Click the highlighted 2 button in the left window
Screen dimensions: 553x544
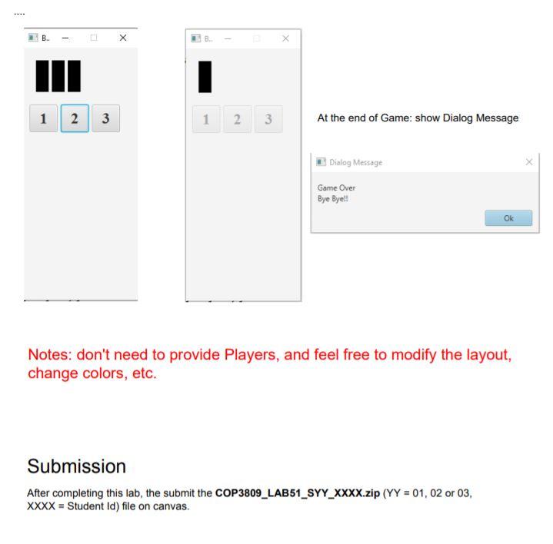[75, 118]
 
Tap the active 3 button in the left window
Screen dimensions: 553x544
[106, 118]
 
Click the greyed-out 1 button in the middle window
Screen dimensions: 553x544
[206, 119]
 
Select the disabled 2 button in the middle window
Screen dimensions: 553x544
[238, 119]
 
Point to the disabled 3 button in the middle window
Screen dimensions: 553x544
[268, 119]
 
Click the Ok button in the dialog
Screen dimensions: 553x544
[508, 218]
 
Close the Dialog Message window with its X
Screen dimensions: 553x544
[529, 162]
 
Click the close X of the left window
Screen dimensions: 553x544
[123, 38]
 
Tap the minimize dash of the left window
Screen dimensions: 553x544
[65, 38]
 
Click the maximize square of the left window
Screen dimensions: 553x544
[94, 38]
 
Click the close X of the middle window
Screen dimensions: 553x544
[285, 38]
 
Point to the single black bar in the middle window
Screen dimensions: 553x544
[205, 77]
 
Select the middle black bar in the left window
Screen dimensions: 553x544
[58, 76]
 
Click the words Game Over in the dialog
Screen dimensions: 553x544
[336, 187]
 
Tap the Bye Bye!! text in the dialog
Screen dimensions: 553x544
[332, 199]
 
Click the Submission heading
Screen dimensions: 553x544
[77, 466]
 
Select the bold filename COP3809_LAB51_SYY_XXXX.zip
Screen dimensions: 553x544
[298, 493]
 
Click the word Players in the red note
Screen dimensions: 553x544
[252, 354]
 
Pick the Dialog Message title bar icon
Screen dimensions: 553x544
[321, 161]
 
